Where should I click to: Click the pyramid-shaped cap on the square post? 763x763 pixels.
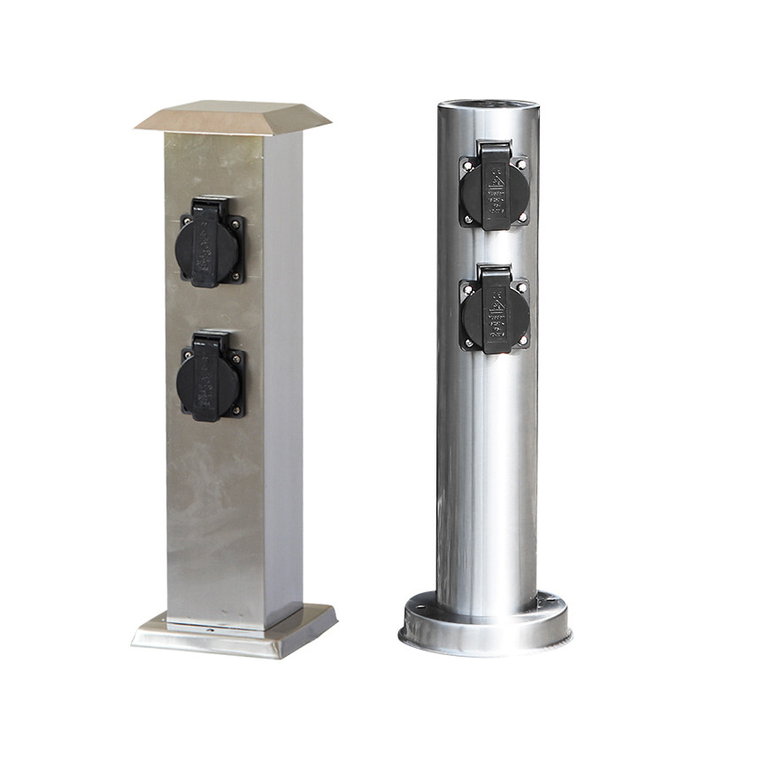[233, 118]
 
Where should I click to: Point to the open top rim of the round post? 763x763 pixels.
[488, 105]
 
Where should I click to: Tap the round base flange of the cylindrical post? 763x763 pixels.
[484, 630]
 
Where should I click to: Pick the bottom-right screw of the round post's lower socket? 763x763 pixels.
[522, 340]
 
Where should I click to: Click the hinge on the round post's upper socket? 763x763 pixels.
[493, 149]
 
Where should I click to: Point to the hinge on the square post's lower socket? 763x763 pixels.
[210, 339]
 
